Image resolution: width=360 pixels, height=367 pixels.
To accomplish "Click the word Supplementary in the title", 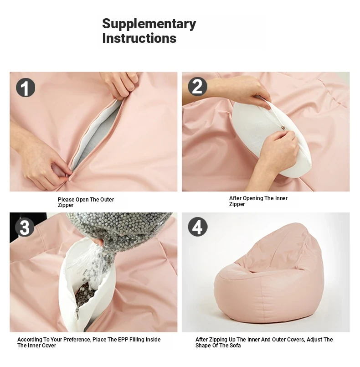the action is click(149, 24).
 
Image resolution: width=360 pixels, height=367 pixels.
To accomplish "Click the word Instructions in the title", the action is click(139, 38).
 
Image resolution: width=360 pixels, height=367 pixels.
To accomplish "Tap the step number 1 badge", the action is click(26, 88).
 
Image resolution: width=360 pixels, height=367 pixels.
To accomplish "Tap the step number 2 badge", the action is click(198, 87).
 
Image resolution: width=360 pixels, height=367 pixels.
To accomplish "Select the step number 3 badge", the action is click(25, 227).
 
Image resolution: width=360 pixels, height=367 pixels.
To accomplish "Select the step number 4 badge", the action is click(198, 227).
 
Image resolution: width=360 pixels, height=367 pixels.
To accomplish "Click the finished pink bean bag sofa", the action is click(268, 274).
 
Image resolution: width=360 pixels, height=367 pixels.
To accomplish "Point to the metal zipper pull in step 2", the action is click(283, 128).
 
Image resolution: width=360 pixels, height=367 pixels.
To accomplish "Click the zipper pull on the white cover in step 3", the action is click(77, 313).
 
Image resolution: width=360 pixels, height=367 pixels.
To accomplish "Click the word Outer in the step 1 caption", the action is click(107, 200).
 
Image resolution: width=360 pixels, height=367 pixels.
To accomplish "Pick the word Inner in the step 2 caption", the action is click(281, 198).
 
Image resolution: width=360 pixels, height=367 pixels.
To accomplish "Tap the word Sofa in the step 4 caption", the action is click(235, 346).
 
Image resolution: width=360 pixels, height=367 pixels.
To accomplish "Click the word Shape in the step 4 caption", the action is click(203, 346).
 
